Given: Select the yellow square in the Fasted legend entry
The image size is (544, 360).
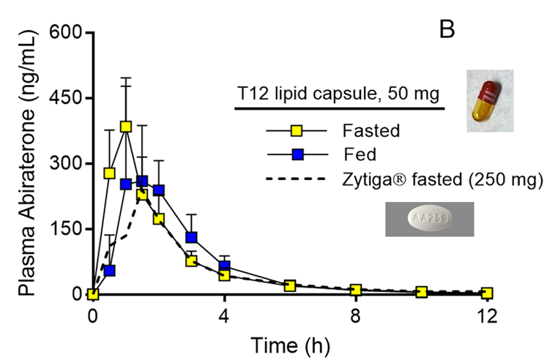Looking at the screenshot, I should pyautogui.click(x=297, y=132).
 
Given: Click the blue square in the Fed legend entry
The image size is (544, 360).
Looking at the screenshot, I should pyautogui.click(x=297, y=155).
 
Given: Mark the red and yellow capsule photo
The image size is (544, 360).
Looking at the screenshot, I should pyautogui.click(x=489, y=100).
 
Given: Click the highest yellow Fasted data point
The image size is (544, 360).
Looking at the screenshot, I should pyautogui.click(x=126, y=127).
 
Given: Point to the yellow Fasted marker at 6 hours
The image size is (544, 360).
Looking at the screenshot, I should pyautogui.click(x=290, y=285).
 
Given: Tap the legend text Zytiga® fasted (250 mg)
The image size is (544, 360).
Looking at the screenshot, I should pyautogui.click(x=441, y=179).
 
